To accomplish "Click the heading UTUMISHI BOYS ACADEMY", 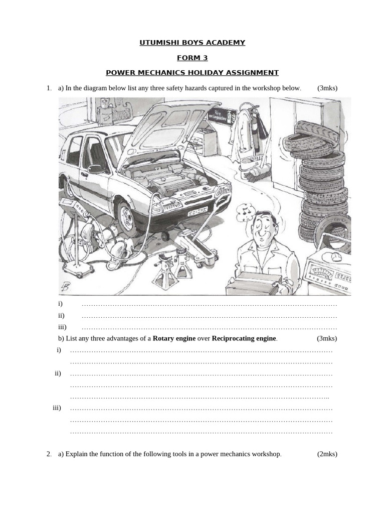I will pos(192,43).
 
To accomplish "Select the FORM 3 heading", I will pos(192,58).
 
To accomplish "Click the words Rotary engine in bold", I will pos(174,338).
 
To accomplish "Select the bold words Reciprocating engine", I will pos(244,338).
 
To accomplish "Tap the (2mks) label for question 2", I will pos(327,454).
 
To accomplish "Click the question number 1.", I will pos(49,88).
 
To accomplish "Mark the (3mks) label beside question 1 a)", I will pos(327,88).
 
